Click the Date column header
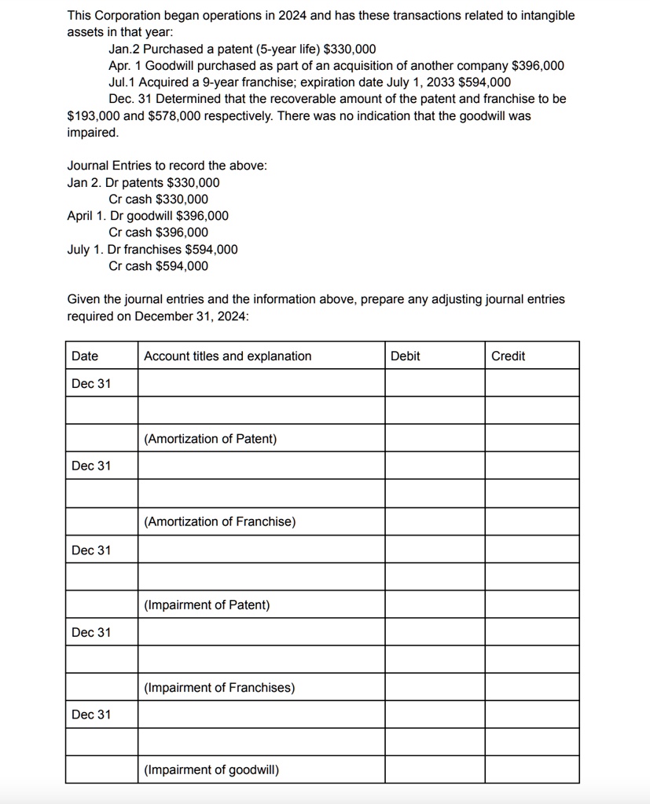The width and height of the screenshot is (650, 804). tap(85, 356)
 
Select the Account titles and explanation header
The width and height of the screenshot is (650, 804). tap(228, 356)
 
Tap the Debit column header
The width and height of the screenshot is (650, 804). tap(406, 356)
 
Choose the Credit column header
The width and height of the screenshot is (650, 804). tap(508, 356)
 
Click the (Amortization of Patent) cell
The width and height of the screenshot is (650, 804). tap(210, 439)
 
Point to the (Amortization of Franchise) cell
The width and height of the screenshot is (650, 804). tap(219, 522)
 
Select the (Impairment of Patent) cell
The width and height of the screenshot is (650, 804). tap(207, 605)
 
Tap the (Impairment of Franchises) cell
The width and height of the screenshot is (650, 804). tap(219, 688)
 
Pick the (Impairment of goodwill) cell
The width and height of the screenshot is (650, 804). tap(211, 770)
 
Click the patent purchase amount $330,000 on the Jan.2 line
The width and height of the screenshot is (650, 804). tap(350, 49)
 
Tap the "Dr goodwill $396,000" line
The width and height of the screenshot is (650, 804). tap(169, 216)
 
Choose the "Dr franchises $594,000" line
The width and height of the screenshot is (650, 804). tap(173, 250)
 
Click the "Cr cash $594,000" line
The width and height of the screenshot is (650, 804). tap(159, 266)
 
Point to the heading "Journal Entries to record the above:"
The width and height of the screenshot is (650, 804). tap(167, 166)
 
